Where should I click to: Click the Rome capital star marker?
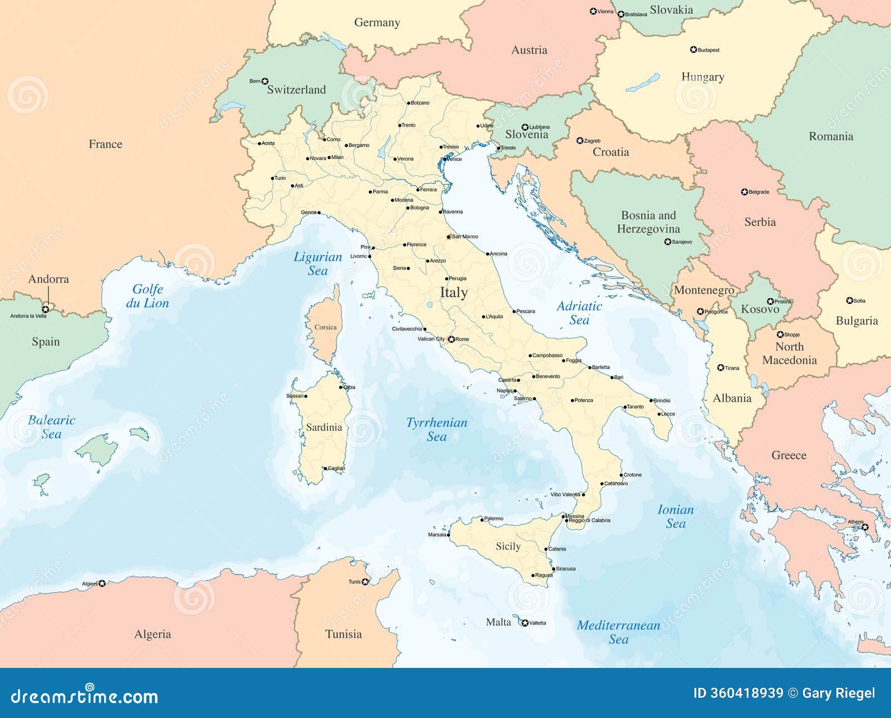click(451, 339)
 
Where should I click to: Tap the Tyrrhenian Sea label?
click(437, 429)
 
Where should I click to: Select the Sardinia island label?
click(324, 427)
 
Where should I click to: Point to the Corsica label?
click(325, 327)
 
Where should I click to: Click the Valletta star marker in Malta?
click(525, 623)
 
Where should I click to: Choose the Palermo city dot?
click(482, 519)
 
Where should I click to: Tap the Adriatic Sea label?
click(579, 313)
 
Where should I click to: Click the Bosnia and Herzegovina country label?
click(648, 222)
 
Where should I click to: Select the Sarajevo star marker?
click(668, 242)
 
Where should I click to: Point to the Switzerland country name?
click(296, 90)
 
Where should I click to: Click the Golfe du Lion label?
click(147, 296)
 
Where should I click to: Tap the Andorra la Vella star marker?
click(46, 308)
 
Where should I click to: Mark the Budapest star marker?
click(693, 50)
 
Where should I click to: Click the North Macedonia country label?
click(789, 353)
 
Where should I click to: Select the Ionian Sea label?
click(675, 516)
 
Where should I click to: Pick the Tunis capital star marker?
click(365, 582)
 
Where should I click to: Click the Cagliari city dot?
click(326, 469)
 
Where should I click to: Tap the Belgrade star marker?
click(745, 192)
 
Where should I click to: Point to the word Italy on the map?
click(453, 292)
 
